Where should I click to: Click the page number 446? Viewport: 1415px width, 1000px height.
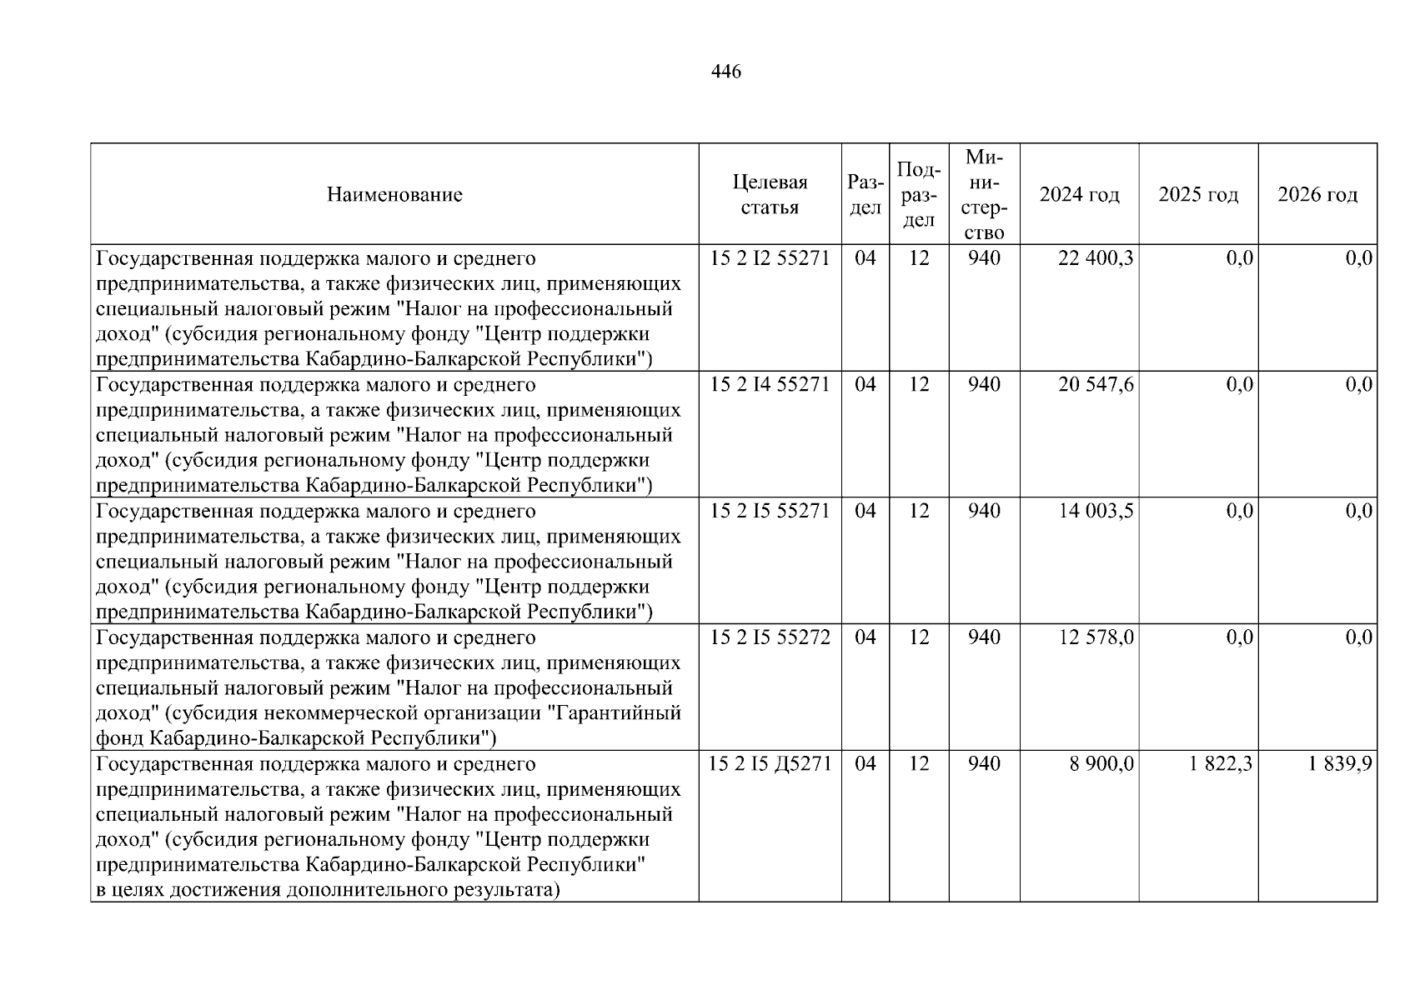click(725, 72)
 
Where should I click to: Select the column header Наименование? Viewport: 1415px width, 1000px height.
click(394, 195)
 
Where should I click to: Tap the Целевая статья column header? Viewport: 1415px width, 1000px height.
click(770, 195)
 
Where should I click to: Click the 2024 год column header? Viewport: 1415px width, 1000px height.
click(1079, 195)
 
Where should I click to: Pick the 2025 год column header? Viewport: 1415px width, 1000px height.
click(1198, 195)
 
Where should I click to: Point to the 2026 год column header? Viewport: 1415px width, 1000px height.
click(1317, 195)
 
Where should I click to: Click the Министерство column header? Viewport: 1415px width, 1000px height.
click(984, 195)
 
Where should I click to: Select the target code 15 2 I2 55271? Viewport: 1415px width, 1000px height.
click(770, 258)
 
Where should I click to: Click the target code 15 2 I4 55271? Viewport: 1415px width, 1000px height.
click(770, 385)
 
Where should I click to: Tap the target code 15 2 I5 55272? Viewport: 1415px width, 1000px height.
click(770, 637)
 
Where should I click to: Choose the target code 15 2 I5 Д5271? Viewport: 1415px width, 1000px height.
click(770, 764)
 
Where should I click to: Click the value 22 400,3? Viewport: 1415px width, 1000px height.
click(1096, 258)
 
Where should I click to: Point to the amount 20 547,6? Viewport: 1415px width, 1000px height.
click(1096, 385)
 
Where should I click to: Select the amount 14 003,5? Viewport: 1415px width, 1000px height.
click(1096, 511)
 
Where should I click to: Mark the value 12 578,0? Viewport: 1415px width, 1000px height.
click(1096, 637)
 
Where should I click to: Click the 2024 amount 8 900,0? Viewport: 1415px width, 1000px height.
click(1101, 764)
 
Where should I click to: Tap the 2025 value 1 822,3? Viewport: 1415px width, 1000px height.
click(1221, 764)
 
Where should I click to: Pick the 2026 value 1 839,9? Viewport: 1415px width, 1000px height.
click(1340, 764)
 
